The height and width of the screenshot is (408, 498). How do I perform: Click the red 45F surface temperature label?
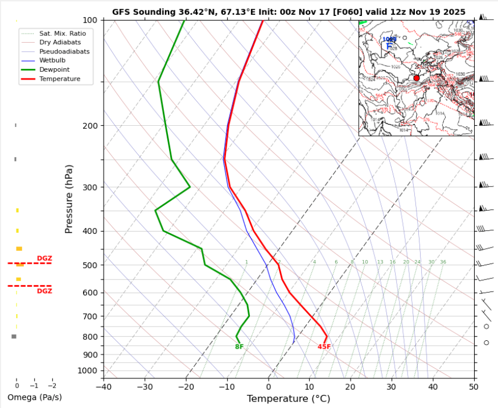(324, 347)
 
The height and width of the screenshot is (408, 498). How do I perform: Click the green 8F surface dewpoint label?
(239, 347)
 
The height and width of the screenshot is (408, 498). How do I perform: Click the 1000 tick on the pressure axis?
(89, 370)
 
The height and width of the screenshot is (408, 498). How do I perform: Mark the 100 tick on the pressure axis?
(90, 20)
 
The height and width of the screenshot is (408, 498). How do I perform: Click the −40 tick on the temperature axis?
(103, 388)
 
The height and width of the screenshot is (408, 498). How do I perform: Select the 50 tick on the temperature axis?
(474, 388)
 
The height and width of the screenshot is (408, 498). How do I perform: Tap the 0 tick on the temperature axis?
(268, 388)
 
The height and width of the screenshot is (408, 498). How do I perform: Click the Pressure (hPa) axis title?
(69, 199)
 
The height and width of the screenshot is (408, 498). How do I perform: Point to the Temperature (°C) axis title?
(288, 399)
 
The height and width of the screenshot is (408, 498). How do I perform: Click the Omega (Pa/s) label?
(34, 397)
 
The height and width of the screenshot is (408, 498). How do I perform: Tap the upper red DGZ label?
(44, 258)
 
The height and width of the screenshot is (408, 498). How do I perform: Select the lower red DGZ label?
(44, 291)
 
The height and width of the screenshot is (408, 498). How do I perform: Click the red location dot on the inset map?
(416, 78)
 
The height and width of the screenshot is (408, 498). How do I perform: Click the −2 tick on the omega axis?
(52, 385)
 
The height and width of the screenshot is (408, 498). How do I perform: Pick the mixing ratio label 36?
(443, 262)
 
